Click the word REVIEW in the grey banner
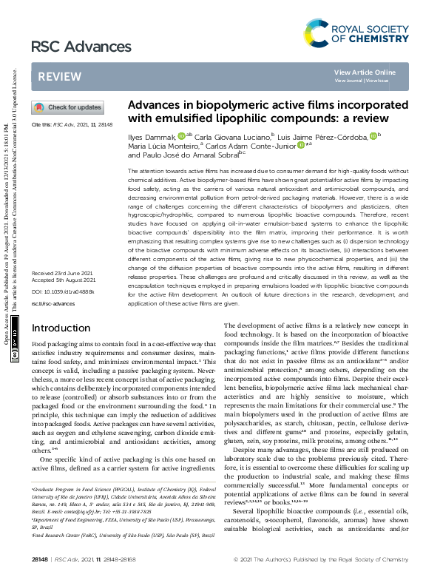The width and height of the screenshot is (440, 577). (x=60, y=77)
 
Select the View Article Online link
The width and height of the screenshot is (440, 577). (x=365, y=72)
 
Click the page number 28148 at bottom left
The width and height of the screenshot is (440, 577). (x=41, y=557)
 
